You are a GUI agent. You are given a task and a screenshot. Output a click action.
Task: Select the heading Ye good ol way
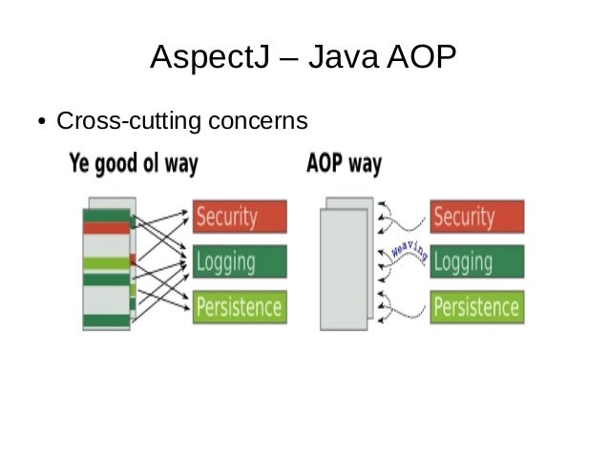click(x=134, y=163)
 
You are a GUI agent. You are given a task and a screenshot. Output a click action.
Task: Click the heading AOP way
click(x=344, y=163)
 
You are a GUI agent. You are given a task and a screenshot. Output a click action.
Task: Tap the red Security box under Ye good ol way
click(x=240, y=217)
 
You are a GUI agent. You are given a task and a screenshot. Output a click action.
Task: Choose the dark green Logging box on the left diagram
click(x=240, y=261)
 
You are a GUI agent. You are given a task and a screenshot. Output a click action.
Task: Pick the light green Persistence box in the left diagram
click(x=240, y=307)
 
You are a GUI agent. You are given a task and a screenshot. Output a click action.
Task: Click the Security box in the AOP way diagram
click(x=476, y=217)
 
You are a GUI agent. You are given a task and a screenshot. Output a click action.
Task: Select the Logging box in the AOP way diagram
click(x=476, y=261)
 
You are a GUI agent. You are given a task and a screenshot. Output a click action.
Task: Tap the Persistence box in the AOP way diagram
click(x=476, y=307)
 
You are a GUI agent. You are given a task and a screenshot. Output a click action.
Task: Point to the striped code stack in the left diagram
click(x=108, y=264)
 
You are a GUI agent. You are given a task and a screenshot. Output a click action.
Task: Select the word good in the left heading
click(x=122, y=164)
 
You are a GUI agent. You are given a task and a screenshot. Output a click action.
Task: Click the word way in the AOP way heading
click(x=364, y=164)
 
